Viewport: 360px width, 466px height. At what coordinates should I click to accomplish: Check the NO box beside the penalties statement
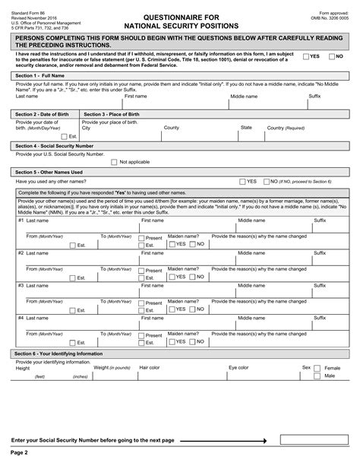[332, 56]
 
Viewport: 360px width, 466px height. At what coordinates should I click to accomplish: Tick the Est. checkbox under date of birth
[64, 136]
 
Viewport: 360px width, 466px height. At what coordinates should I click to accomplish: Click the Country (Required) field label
[286, 128]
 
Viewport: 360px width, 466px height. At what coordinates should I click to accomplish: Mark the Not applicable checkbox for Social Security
[113, 162]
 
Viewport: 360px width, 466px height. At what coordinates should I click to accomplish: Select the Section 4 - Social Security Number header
[54, 145]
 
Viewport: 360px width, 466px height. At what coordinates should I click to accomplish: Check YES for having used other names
[242, 182]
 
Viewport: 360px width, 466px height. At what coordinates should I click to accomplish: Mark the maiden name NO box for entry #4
[192, 342]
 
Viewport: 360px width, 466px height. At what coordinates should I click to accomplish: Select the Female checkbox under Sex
[318, 368]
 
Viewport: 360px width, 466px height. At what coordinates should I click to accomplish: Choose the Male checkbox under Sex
[318, 376]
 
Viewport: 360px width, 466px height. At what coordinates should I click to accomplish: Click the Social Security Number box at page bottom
[312, 439]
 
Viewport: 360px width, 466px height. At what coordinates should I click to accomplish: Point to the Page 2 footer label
[19, 452]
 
